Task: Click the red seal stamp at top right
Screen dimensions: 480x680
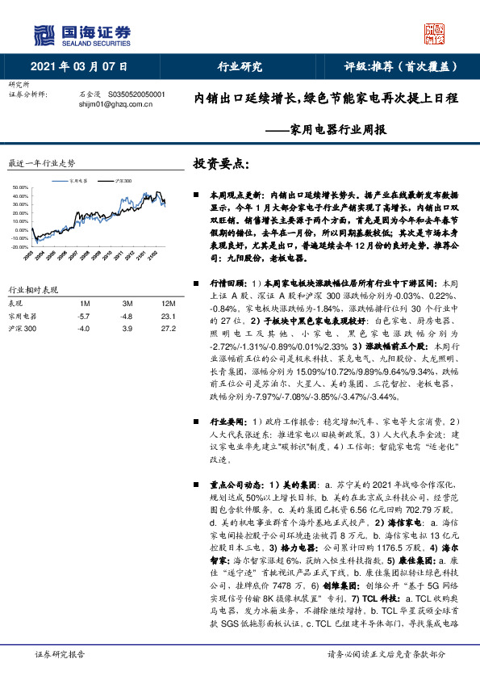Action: [434, 33]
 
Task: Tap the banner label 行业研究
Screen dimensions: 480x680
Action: [240, 67]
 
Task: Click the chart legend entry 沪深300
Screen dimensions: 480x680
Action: [123, 182]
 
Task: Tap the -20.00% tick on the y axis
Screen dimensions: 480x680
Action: [19, 246]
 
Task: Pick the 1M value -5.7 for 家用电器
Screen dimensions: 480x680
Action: [82, 317]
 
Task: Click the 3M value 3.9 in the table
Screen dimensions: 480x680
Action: [127, 330]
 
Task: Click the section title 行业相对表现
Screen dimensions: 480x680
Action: [34, 289]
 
